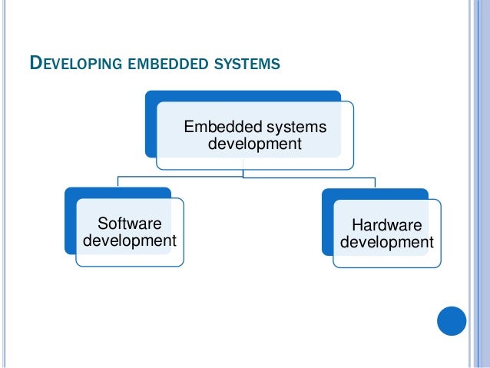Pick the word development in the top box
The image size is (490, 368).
254,144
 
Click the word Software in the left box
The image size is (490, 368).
130,224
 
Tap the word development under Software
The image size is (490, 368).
129,241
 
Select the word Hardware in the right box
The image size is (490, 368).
386,225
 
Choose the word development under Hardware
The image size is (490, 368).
386,243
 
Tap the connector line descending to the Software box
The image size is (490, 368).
118,181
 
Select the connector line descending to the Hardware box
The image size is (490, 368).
375,182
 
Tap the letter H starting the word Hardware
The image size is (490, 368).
356,225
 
